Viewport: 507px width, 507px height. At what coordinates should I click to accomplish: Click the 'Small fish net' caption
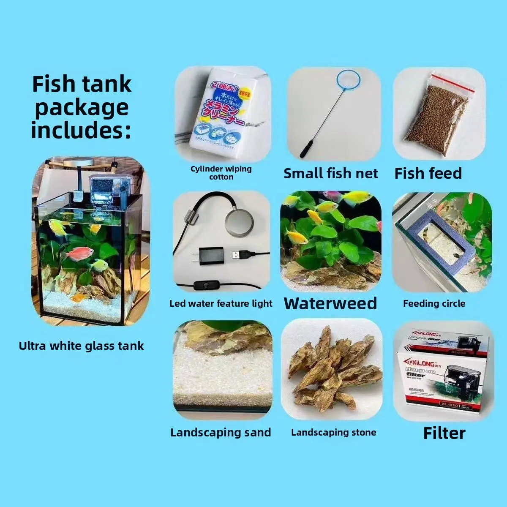[x=331, y=173]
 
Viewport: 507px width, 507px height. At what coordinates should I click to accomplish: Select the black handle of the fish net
[x=306, y=150]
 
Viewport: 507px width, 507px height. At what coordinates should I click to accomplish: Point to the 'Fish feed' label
[x=428, y=173]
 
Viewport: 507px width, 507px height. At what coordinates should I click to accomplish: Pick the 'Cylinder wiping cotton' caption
[x=221, y=172]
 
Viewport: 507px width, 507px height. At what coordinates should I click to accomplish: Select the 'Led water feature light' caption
[x=221, y=303]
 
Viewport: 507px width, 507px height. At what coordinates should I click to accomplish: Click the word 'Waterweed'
[x=330, y=303]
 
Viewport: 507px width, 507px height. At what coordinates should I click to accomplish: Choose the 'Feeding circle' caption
[x=434, y=303]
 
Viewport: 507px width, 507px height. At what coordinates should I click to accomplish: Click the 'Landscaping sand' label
[x=221, y=432]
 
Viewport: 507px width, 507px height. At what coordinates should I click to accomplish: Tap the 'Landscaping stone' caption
[x=333, y=432]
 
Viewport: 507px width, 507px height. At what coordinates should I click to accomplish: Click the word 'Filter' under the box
[x=444, y=433]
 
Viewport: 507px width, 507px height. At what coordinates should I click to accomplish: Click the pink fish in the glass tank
[x=79, y=253]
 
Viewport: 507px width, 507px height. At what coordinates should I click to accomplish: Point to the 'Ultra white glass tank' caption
[x=82, y=346]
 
